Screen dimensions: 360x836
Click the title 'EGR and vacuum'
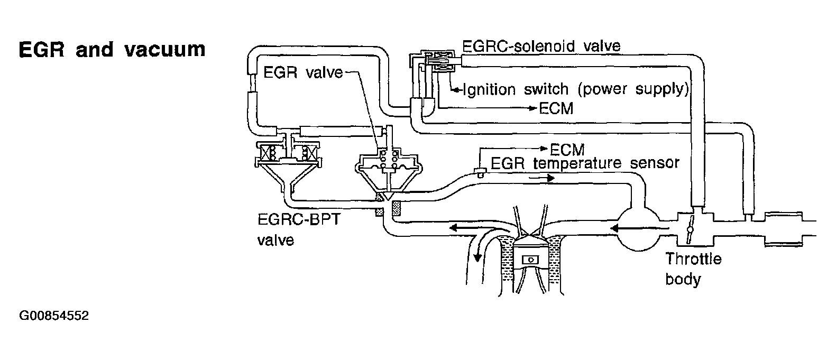(112, 50)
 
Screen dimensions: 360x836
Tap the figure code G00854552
(53, 316)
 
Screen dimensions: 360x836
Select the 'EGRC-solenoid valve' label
(541, 46)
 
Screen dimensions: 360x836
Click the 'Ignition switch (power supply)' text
(575, 89)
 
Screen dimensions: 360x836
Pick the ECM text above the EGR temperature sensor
(567, 149)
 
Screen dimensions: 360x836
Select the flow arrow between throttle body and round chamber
(628, 228)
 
